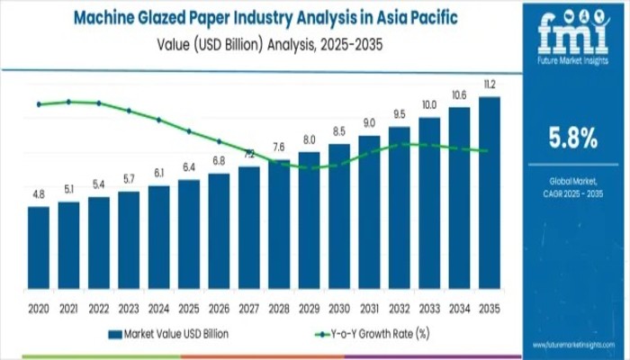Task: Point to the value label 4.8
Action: point(39,194)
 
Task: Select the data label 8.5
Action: point(339,131)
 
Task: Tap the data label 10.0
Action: point(429,104)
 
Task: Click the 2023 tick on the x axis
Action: point(129,307)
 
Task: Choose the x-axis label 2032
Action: point(399,307)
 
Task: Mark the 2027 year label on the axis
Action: point(249,307)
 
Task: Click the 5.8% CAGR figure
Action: point(573,138)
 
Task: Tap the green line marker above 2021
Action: point(69,102)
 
